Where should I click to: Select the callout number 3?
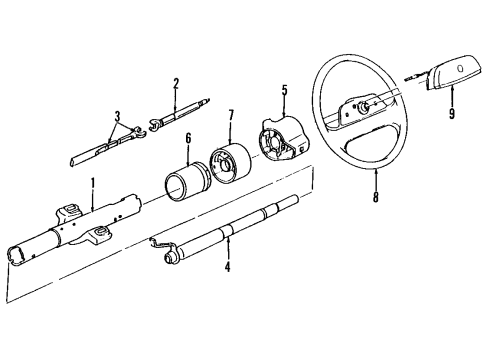pyautogui.click(x=118, y=117)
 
